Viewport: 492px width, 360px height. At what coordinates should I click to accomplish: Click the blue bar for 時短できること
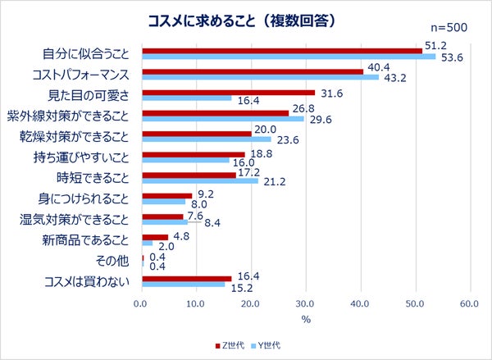click(x=199, y=181)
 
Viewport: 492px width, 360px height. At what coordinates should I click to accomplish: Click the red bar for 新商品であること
click(x=154, y=237)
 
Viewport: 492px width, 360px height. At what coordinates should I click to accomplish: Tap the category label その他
click(x=112, y=262)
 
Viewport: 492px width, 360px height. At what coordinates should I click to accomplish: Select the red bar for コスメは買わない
click(x=186, y=279)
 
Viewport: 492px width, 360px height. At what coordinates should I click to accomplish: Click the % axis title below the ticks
click(x=305, y=319)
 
